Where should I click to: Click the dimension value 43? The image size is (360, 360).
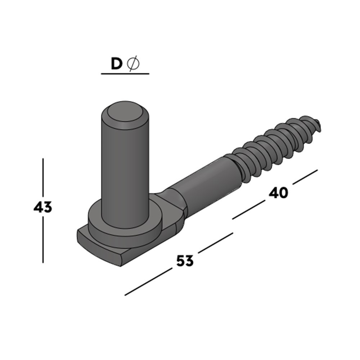tap(42, 208)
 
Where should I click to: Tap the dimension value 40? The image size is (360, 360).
tap(278, 193)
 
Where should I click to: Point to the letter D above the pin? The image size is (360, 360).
tap(116, 64)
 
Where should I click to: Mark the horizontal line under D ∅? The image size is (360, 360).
tap(125, 74)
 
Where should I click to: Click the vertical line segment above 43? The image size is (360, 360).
tap(43, 178)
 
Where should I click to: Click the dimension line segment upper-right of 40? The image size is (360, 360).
tap(305, 176)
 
